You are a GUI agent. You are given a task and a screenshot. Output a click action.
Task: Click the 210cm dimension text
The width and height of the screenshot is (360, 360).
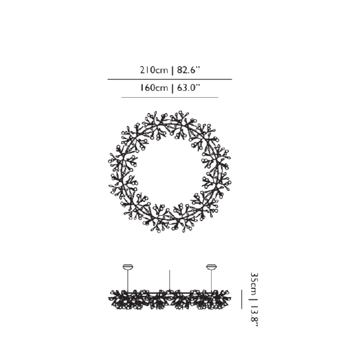coord(154,70)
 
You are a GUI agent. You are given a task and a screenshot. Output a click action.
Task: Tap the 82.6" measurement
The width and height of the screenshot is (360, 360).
coord(189,70)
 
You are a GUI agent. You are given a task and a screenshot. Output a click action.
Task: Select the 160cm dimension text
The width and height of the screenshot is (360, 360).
coord(154,88)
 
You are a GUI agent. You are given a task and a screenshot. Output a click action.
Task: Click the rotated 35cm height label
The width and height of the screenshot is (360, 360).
coord(255,284)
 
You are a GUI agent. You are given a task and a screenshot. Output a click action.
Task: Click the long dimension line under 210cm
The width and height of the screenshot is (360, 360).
coord(170,79)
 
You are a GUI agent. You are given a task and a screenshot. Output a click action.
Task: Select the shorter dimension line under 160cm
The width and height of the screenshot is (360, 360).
coord(170,97)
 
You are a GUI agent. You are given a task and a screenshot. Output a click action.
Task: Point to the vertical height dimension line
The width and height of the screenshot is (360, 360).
coord(242,299)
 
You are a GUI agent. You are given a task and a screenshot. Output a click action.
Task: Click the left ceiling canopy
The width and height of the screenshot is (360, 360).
coord(128,267)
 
